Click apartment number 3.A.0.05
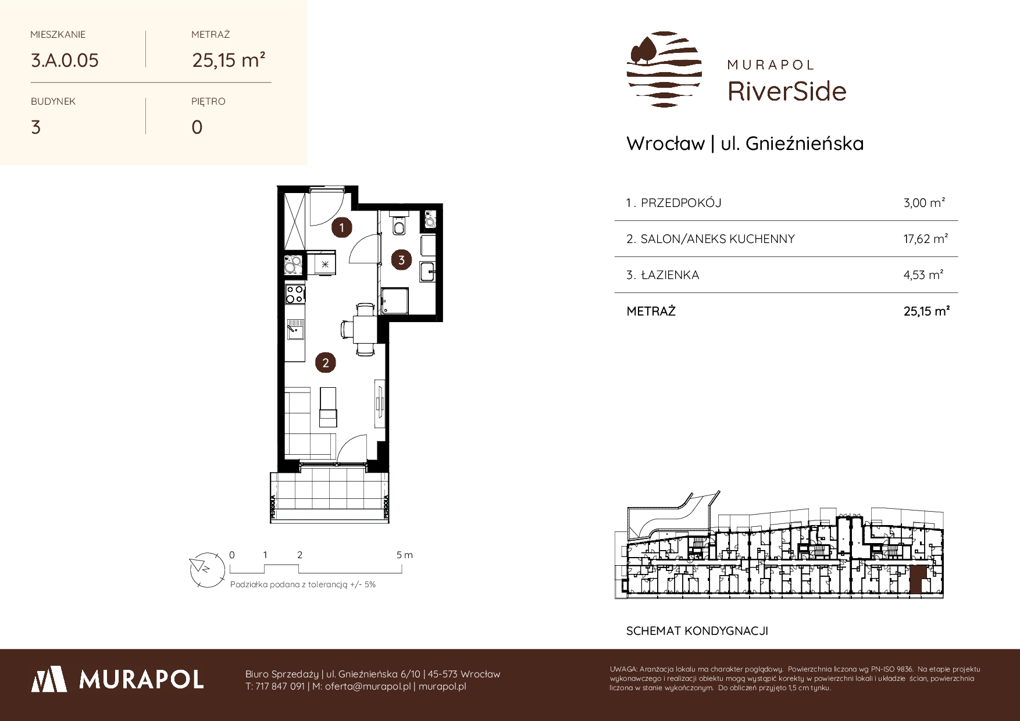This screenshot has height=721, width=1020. tap(65, 60)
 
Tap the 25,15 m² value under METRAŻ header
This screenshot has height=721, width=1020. tap(229, 60)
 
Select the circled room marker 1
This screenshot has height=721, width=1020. tap(342, 227)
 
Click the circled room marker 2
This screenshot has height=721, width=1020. tap(326, 363)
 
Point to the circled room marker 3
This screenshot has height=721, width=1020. tap(401, 260)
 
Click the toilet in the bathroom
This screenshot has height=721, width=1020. tap(399, 224)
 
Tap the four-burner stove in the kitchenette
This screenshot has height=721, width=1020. tap(295, 294)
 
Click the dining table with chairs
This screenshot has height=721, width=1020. tap(365, 329)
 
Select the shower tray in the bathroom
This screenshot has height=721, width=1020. tap(395, 301)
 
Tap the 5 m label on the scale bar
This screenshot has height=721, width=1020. tap(405, 555)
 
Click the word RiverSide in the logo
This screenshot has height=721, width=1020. tap(787, 91)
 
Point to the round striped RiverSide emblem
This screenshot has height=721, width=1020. tap(664, 69)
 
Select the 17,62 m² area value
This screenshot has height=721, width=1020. tap(926, 238)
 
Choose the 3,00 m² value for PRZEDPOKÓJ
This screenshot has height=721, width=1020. tap(925, 202)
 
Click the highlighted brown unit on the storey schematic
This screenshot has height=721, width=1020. tap(916, 580)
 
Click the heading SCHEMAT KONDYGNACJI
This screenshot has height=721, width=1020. tap(697, 631)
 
